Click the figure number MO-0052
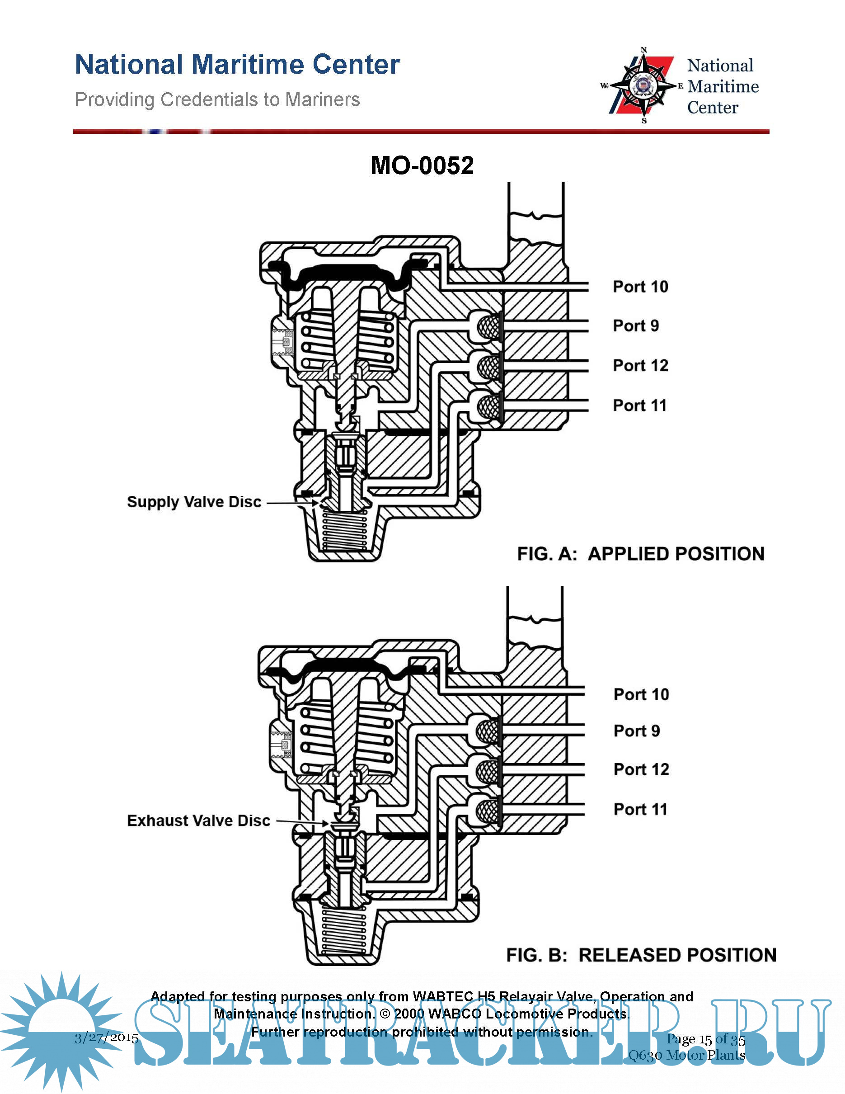422,166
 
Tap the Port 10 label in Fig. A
640,287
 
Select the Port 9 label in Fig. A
636,325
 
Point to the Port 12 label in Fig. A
640,366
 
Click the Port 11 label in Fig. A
640,405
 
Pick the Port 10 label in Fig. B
641,694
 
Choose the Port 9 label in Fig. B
637,731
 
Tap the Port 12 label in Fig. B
641,769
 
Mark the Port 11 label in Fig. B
641,809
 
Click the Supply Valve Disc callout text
194,502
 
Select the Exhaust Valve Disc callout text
199,820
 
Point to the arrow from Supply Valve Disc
292,502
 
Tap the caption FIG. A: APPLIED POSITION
640,554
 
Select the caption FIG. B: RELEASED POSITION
641,955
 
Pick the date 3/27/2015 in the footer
107,1037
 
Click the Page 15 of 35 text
705,1039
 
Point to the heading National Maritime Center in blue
237,65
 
